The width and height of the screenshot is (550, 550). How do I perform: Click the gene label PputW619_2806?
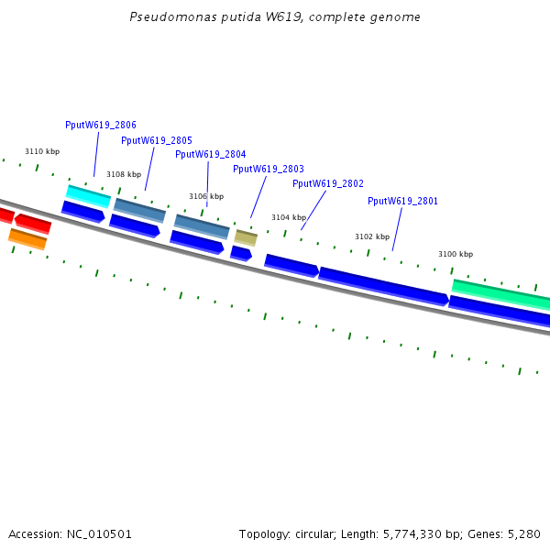(x=101, y=125)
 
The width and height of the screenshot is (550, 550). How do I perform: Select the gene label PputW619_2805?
(x=157, y=140)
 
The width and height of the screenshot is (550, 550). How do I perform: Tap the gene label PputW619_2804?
(x=211, y=154)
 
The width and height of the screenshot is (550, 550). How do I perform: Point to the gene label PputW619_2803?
(x=269, y=169)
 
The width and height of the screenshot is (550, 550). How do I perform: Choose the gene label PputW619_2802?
(x=328, y=183)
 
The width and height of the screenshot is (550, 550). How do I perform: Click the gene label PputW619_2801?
(x=403, y=201)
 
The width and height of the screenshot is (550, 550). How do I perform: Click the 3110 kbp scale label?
(x=42, y=151)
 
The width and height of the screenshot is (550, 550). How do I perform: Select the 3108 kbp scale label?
(x=124, y=174)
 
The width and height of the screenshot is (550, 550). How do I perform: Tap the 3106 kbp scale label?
(x=206, y=196)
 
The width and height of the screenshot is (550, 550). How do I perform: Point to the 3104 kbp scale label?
(x=289, y=217)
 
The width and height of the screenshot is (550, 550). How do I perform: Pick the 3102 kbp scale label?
(x=372, y=236)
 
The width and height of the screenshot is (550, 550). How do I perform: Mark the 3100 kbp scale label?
(x=456, y=254)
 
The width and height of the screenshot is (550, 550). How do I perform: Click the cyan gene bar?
(x=88, y=195)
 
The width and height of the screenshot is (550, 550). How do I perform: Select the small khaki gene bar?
(x=246, y=237)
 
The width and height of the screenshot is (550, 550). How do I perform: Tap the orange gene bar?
(x=27, y=238)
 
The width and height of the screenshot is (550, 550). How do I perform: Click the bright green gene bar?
(x=500, y=293)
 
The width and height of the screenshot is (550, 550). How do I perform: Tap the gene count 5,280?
(x=522, y=533)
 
